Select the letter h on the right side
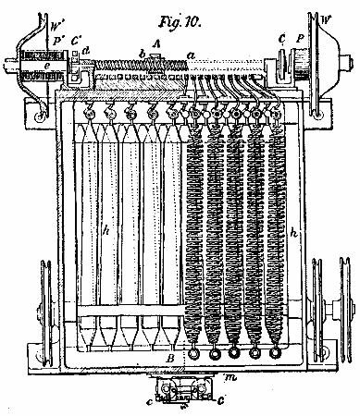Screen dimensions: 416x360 [x=294, y=235]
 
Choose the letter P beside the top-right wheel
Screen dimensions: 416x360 [x=298, y=40]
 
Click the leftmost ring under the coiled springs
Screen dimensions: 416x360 [x=195, y=353]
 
